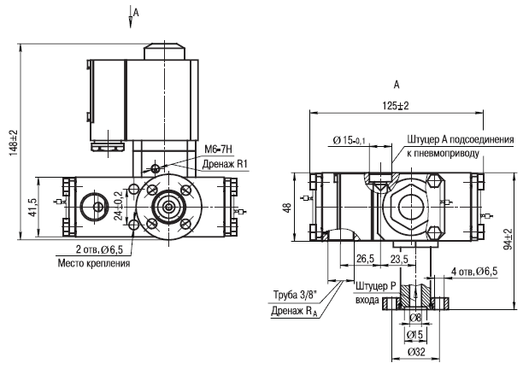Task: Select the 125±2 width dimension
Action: [396, 106]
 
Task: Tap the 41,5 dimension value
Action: [33, 208]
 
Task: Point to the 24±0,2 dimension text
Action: [118, 206]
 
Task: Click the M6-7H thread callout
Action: [218, 149]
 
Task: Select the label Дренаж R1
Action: [224, 164]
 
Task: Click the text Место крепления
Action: [94, 263]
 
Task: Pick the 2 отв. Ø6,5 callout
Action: [100, 249]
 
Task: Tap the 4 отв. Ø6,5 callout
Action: [474, 272]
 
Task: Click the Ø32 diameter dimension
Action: [416, 352]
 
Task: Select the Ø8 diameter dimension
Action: [415, 318]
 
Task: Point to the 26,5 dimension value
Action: [365, 259]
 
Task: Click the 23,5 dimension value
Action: [398, 259]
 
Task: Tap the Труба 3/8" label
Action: [296, 295]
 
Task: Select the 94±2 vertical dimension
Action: [508, 239]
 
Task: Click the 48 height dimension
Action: [288, 208]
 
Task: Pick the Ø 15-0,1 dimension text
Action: [349, 140]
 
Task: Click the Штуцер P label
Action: [375, 286]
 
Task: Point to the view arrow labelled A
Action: [131, 17]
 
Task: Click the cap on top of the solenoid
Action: [164, 51]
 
